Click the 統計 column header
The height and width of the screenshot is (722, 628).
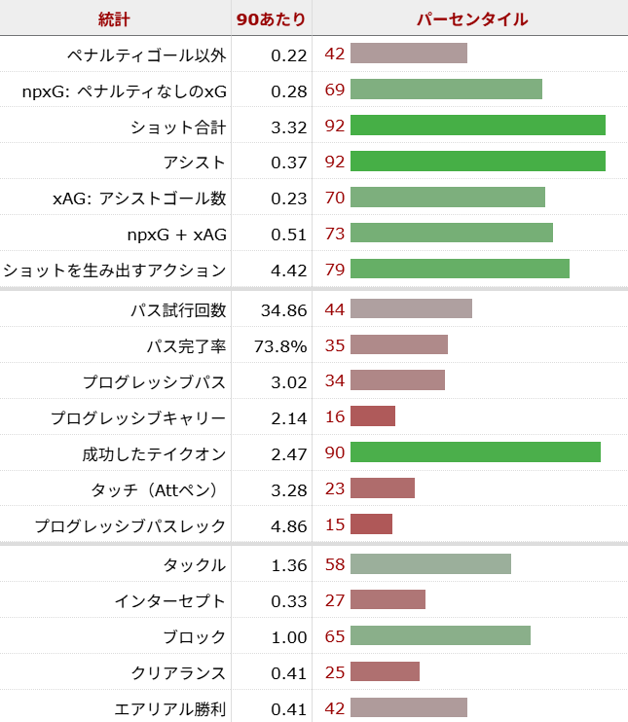click(x=114, y=18)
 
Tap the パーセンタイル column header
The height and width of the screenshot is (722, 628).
click(x=472, y=18)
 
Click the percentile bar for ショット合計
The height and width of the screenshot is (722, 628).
click(x=478, y=126)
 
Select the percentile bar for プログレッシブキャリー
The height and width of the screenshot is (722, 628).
click(x=373, y=417)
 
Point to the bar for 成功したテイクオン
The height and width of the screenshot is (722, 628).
click(x=475, y=452)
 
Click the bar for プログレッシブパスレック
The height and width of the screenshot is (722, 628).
click(x=371, y=525)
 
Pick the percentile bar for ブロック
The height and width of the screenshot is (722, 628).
click(x=440, y=636)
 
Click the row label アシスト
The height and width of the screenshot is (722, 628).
click(x=195, y=162)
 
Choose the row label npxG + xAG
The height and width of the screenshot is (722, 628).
click(x=176, y=234)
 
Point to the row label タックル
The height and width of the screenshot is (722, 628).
click(x=195, y=564)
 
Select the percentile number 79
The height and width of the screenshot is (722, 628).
click(x=334, y=270)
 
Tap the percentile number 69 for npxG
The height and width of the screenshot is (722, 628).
click(x=334, y=90)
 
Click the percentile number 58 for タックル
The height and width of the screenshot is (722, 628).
click(x=334, y=564)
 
